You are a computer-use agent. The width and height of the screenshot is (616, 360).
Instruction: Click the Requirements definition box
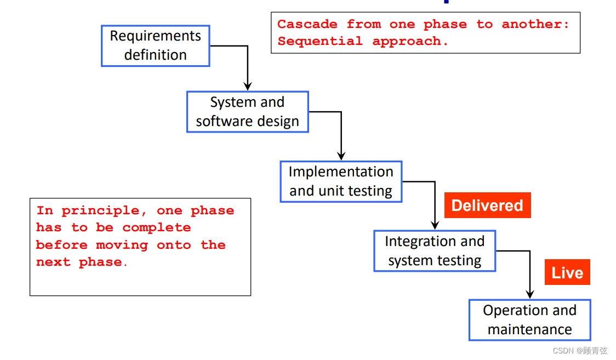[156, 46]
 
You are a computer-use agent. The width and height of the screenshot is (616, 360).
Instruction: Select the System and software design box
[247, 112]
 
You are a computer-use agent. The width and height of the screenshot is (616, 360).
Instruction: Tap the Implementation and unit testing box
[341, 181]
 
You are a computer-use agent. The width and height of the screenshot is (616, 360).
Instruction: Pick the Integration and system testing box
[435, 251]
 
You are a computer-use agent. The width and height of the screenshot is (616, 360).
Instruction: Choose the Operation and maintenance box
[529, 320]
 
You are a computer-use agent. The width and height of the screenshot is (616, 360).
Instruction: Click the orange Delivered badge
[487, 205]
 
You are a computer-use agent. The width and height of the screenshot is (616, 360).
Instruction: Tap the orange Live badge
[567, 272]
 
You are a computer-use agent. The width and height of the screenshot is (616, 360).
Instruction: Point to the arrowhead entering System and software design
[248, 86]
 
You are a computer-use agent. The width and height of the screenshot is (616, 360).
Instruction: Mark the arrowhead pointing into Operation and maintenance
[529, 294]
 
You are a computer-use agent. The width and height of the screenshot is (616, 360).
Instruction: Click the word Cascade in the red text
[306, 24]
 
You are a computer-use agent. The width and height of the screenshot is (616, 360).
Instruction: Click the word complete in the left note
[156, 227]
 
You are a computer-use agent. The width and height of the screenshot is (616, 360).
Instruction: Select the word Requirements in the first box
[156, 36]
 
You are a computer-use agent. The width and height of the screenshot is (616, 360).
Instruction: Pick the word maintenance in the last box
[529, 330]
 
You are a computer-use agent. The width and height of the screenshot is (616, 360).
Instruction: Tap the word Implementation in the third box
[341, 172]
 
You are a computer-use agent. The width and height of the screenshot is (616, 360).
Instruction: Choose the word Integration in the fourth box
[419, 241]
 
